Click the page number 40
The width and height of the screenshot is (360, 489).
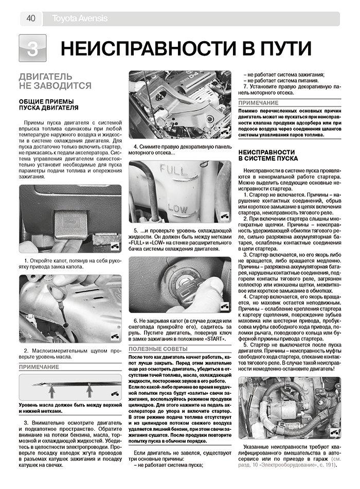click(31, 19)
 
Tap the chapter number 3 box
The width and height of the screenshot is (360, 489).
click(32, 48)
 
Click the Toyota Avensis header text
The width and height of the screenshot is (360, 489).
click(80, 19)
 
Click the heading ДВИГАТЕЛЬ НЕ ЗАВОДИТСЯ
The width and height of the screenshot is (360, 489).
click(55, 81)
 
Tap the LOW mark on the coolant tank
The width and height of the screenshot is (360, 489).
click(177, 208)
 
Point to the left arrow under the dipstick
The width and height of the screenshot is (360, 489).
click(51, 391)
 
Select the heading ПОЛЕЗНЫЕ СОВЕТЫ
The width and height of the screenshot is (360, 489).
click(158, 349)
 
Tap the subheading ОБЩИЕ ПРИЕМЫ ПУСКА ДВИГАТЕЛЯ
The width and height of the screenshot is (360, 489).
click(49, 105)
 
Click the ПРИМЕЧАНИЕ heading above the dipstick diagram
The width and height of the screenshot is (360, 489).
click(39, 367)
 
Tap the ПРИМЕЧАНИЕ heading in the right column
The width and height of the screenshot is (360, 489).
click(258, 103)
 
